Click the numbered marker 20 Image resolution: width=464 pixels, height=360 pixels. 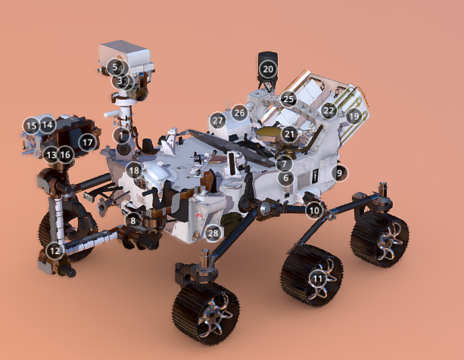click(x=268, y=69)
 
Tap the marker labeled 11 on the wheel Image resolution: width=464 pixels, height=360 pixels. click(x=317, y=279)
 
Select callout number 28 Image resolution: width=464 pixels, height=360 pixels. click(x=213, y=234)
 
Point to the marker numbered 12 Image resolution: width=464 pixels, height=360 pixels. click(x=54, y=251)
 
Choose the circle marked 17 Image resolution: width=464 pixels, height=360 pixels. click(x=87, y=143)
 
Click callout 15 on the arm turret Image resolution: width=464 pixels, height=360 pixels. click(x=31, y=126)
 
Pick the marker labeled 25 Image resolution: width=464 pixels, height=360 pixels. click(x=288, y=99)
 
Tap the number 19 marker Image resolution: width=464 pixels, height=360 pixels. click(x=354, y=116)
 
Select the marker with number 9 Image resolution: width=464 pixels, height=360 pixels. click(x=339, y=172)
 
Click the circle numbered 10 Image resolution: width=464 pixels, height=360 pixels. click(x=314, y=210)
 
